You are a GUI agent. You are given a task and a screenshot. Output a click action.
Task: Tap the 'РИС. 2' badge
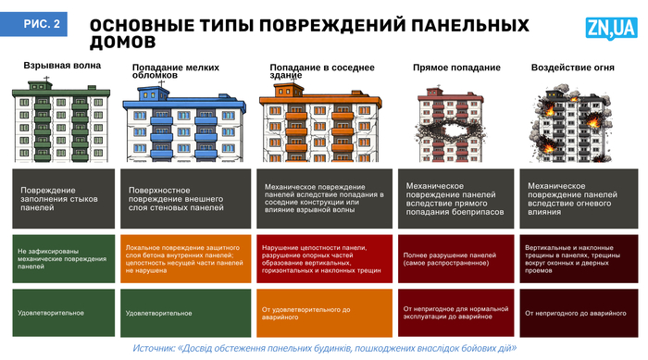pyautogui.click(x=40, y=27)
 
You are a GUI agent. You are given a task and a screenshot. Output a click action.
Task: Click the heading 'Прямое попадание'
pyautogui.click(x=443, y=68)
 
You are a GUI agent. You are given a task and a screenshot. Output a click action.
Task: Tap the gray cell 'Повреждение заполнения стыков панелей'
pyautogui.click(x=64, y=199)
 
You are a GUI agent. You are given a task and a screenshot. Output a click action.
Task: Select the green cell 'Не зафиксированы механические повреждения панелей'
pyautogui.click(x=64, y=258)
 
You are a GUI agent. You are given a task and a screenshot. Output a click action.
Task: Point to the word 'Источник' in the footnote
pyautogui.click(x=155, y=348)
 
